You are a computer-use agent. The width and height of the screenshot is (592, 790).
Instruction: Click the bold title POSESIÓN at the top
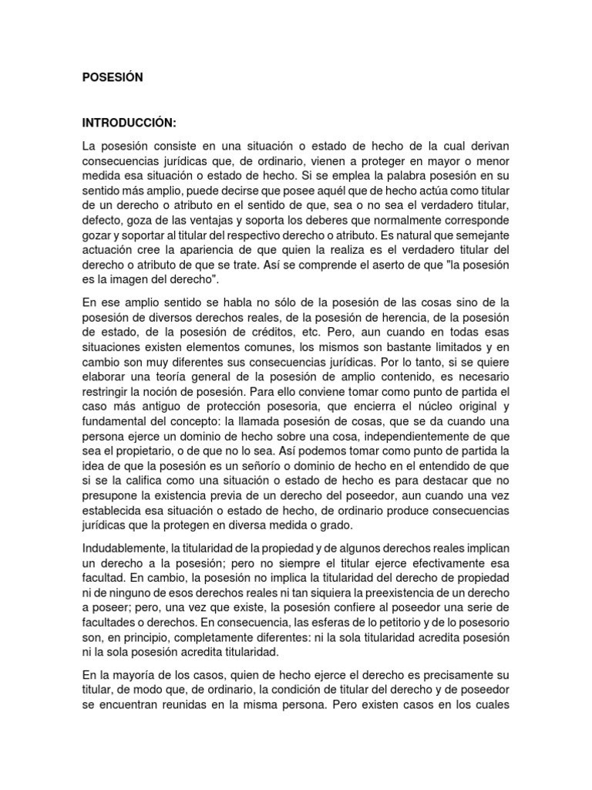pyautogui.click(x=113, y=78)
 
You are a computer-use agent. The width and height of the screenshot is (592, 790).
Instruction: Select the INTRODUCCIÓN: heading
pyautogui.click(x=129, y=123)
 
